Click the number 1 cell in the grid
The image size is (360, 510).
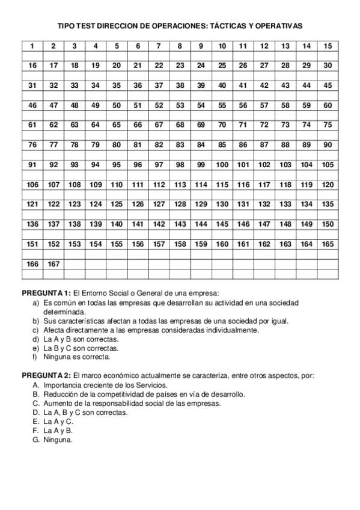pos(32,46)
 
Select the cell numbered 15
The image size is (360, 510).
pos(327,46)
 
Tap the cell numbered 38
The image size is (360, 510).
pos(180,85)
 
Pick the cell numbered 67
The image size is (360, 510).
pos(159,125)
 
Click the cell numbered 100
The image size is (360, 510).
pos(222,164)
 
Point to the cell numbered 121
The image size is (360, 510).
pos(32,204)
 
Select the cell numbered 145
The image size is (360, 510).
pos(222,224)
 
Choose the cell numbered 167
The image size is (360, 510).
pos(53,263)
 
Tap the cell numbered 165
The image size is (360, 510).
pos(327,244)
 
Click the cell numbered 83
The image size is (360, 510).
pos(180,145)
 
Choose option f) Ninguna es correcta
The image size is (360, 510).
pos(76,357)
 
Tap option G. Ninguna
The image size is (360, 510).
pos(58,440)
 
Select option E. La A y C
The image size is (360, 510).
pos(58,422)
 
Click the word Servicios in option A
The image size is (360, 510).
pos(151,385)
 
